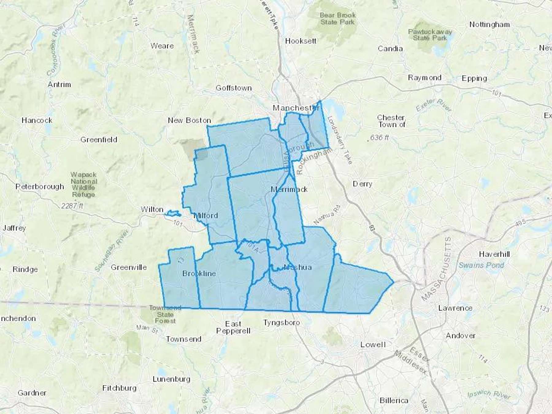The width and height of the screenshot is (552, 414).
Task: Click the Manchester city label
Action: coord(296,108)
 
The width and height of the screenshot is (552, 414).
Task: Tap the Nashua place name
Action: coord(298,267)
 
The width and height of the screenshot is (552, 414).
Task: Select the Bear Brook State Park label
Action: coord(338,19)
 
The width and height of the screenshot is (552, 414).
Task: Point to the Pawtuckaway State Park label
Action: coord(430,35)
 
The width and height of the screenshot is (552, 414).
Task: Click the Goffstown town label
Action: coord(234,88)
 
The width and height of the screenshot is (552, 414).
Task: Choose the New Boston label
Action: coord(190,121)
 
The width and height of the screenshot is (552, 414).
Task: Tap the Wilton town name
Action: coord(152,209)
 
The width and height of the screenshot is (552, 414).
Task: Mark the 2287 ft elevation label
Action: coord(72,206)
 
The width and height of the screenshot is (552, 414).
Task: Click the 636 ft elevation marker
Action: coord(379,138)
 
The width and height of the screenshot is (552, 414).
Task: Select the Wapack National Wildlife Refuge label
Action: coord(83,184)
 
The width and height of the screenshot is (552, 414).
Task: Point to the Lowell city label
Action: coord(373,345)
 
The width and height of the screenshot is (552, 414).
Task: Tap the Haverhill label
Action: coord(494,254)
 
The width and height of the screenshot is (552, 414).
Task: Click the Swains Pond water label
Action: coord(481,265)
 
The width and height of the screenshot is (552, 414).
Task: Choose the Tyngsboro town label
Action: coord(282,323)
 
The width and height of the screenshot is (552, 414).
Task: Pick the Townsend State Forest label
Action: coord(165,314)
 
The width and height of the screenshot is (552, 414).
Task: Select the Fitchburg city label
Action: coord(119,388)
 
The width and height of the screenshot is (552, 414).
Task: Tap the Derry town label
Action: coord(362,184)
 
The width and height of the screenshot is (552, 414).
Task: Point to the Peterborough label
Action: coord(40,187)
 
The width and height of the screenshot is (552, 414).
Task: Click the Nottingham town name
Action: coord(489,25)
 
